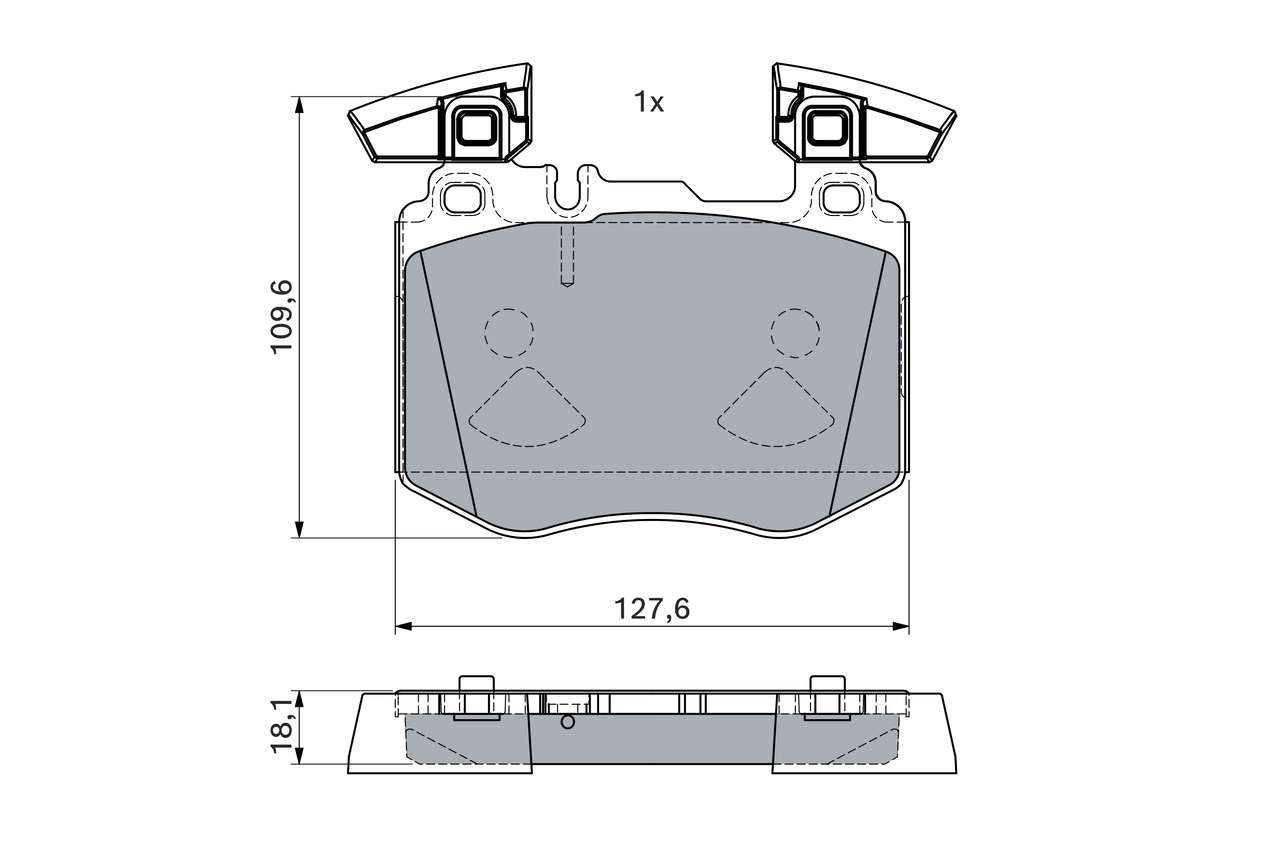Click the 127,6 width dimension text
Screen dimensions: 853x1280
click(x=652, y=608)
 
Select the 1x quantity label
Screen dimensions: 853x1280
click(x=648, y=102)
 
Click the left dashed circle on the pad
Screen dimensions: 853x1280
click(x=509, y=332)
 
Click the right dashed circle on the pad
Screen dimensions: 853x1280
click(x=795, y=332)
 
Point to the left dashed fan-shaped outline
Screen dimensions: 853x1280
click(x=527, y=410)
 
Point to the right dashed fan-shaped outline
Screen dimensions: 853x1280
click(x=776, y=410)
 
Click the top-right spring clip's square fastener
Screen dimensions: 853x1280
click(x=825, y=127)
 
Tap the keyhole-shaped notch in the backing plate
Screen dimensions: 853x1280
click(x=568, y=190)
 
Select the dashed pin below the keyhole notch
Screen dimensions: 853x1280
click(x=567, y=257)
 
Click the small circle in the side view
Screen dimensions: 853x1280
click(x=567, y=721)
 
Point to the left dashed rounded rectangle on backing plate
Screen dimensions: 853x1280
click(x=461, y=198)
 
